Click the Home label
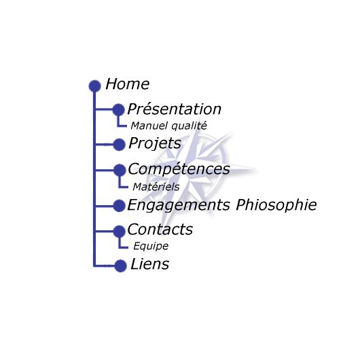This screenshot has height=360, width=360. coord(128,84)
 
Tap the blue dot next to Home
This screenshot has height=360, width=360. coord(95,86)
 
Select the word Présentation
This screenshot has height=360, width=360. coord(175,109)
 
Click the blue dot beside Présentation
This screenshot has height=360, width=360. coord(118,110)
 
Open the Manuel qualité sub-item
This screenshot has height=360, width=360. coord(168,126)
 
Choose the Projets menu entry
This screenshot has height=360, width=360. coord(155,143)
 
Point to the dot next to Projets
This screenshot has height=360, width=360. coord(119,145)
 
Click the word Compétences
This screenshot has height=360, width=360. coord(179,169)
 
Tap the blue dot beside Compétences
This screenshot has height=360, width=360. coord(120,170)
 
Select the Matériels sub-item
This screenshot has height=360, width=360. coord(156,187)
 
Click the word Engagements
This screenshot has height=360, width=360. coord(179,205)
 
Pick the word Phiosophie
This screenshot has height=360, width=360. coord(276,205)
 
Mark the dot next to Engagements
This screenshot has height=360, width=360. coord(119,206)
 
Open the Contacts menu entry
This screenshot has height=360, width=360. coord(160,229)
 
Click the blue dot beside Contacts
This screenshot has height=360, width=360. coord(119,232)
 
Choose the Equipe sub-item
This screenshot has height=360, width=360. coord(151,247)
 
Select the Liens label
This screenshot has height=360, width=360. coord(149,264)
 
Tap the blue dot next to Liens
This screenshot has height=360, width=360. coord(120,266)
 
